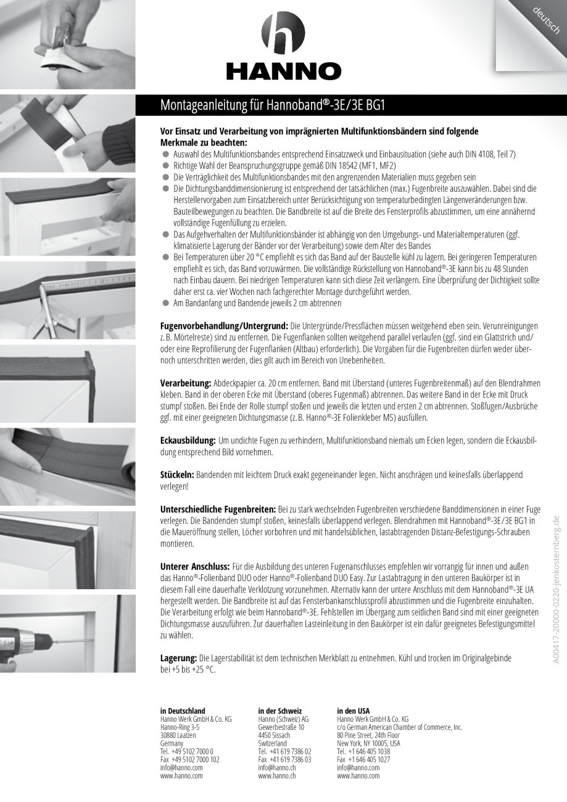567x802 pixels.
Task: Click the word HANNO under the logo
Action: (x=283, y=72)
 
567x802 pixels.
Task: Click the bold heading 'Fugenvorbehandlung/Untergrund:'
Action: (x=224, y=325)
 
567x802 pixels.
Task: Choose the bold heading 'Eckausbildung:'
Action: (x=188, y=440)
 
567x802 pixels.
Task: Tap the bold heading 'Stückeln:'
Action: (x=177, y=474)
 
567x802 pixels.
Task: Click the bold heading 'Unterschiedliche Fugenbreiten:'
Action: (x=218, y=510)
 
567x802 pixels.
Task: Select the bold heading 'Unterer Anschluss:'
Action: (x=194, y=566)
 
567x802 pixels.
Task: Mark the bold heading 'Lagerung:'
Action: (x=178, y=658)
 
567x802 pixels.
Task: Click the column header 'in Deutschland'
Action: (x=183, y=711)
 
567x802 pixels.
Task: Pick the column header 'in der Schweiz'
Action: (x=280, y=711)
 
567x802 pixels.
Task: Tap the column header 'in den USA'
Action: (x=354, y=711)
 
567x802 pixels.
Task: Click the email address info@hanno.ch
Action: (x=277, y=768)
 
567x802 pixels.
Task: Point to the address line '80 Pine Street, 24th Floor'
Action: (x=368, y=735)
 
